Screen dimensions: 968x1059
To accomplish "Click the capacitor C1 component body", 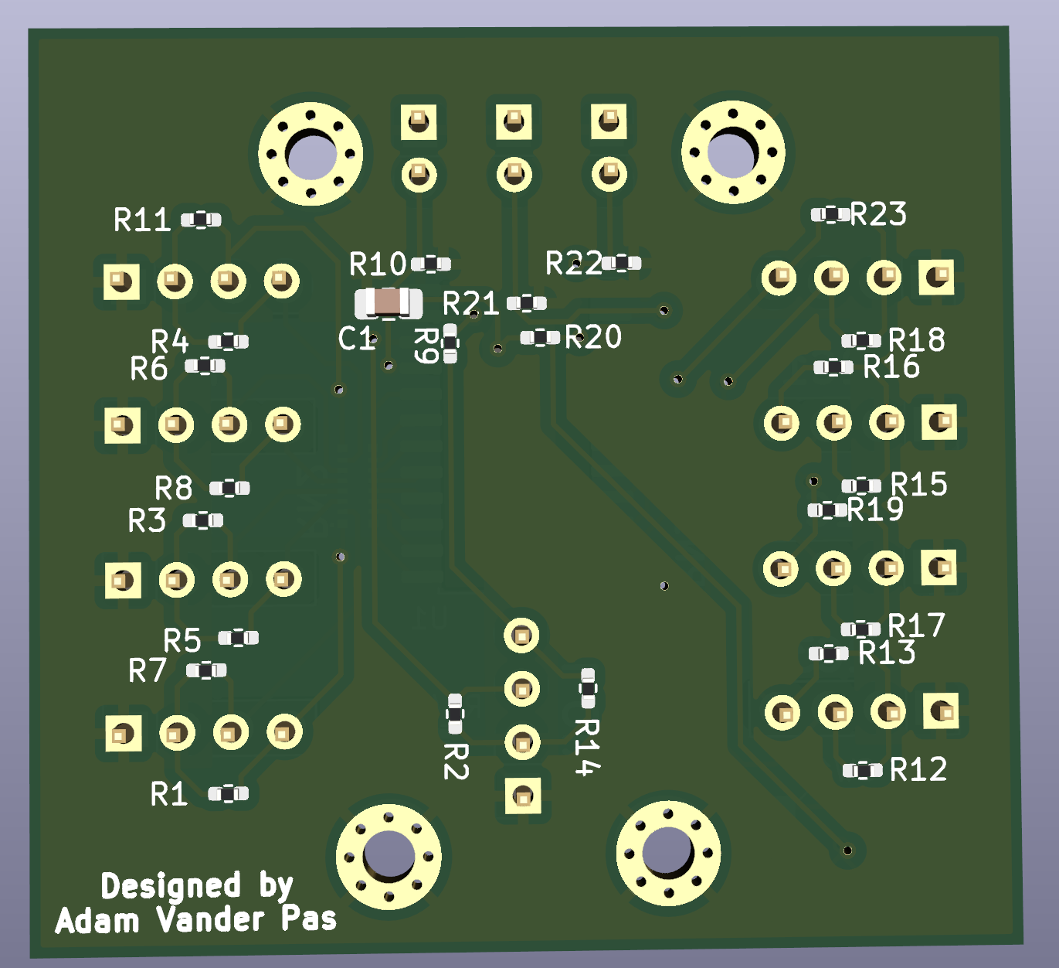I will point(389,303).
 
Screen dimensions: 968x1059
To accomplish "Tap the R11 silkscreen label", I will point(142,220).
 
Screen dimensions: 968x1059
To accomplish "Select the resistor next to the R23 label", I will point(830,214).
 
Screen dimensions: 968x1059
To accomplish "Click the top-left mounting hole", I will point(311,154).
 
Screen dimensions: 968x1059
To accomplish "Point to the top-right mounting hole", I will point(732,152).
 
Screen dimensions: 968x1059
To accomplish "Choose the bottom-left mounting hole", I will point(389,856).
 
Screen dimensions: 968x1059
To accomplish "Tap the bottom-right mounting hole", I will point(668,853).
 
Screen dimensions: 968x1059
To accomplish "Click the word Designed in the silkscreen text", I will point(171,886).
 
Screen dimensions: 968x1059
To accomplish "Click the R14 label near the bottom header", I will point(587,746).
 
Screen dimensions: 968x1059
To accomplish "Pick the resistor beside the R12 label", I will point(862,770).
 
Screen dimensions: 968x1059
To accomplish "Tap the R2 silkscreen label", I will point(456,761).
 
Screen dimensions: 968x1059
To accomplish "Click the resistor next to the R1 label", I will point(229,793).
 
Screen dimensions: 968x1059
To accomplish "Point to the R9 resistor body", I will point(449,344).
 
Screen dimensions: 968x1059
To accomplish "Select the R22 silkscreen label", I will point(573,264).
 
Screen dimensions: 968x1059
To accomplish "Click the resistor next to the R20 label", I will point(540,337).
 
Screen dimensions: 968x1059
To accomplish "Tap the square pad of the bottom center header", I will point(522,796).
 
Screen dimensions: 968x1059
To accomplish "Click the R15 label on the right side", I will point(918,484).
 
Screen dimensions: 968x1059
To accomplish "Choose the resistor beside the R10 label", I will point(431,264).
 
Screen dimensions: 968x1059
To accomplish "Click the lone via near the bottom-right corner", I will point(847,850).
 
